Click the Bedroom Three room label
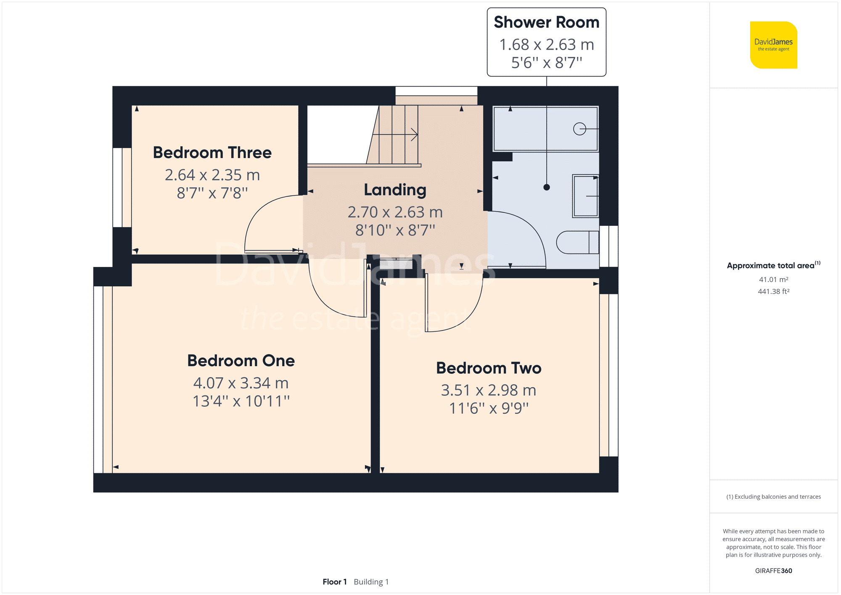pos(212,153)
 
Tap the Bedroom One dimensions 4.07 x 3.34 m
pos(241,383)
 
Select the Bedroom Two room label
pos(489,368)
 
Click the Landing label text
pos(395,190)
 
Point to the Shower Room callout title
pos(546,22)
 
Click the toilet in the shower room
pos(576,242)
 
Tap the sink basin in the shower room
pos(585,196)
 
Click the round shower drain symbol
pos(579,129)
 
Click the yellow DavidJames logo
pos(773,45)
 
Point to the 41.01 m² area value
pos(773,280)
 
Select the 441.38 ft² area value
pos(773,291)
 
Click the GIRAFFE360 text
pos(773,571)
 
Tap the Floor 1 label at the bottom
pos(335,582)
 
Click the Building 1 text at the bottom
pos(371,582)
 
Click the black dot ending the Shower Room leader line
pos(546,188)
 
